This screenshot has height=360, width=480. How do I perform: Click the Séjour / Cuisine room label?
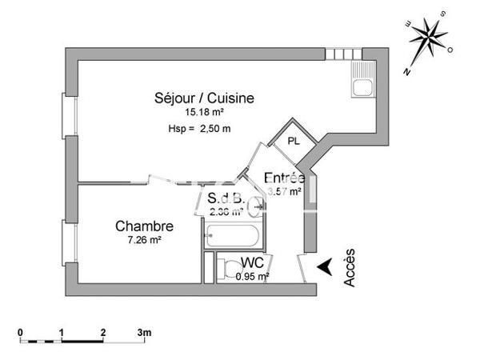(x=205, y=98)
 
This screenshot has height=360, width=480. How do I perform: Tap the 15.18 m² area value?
(x=203, y=114)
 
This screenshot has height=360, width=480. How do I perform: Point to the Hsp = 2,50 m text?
(x=200, y=129)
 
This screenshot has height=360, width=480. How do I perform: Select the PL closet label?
(x=294, y=141)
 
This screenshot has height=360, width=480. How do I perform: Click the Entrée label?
(x=284, y=178)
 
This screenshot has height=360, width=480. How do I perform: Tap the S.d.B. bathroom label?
(x=225, y=198)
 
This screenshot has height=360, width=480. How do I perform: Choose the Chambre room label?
(x=144, y=226)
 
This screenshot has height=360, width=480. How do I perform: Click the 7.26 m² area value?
(x=143, y=240)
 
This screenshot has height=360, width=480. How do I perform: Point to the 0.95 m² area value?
(x=252, y=277)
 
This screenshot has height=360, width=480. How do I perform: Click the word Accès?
(x=350, y=267)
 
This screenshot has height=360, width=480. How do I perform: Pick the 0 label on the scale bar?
(x=22, y=331)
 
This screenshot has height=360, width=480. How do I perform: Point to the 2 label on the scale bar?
(x=103, y=331)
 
